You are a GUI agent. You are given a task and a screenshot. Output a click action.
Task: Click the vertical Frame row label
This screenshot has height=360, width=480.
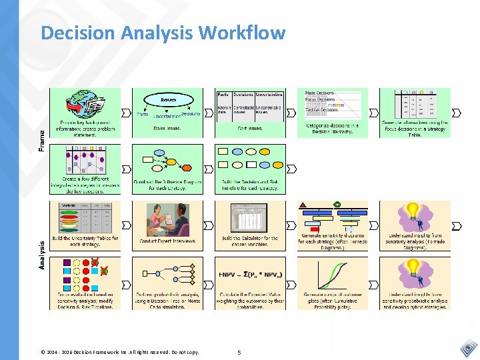(x=42, y=139)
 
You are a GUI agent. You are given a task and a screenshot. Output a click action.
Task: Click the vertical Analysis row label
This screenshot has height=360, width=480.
(x=42, y=255)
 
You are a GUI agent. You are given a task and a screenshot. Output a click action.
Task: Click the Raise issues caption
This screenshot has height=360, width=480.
(x=168, y=128)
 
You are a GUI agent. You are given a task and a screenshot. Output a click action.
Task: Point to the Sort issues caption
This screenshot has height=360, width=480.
(x=249, y=128)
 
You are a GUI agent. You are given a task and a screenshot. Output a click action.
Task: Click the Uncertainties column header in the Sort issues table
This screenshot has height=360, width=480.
(x=269, y=95)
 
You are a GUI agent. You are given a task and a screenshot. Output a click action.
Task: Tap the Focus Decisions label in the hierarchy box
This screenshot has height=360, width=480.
(x=320, y=100)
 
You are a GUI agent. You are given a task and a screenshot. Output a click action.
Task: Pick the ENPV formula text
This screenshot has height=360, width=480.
(x=250, y=274)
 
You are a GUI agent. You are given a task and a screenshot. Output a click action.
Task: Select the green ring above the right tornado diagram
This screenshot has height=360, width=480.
(x=337, y=204)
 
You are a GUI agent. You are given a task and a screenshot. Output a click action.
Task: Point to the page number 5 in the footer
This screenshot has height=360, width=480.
(x=240, y=351)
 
